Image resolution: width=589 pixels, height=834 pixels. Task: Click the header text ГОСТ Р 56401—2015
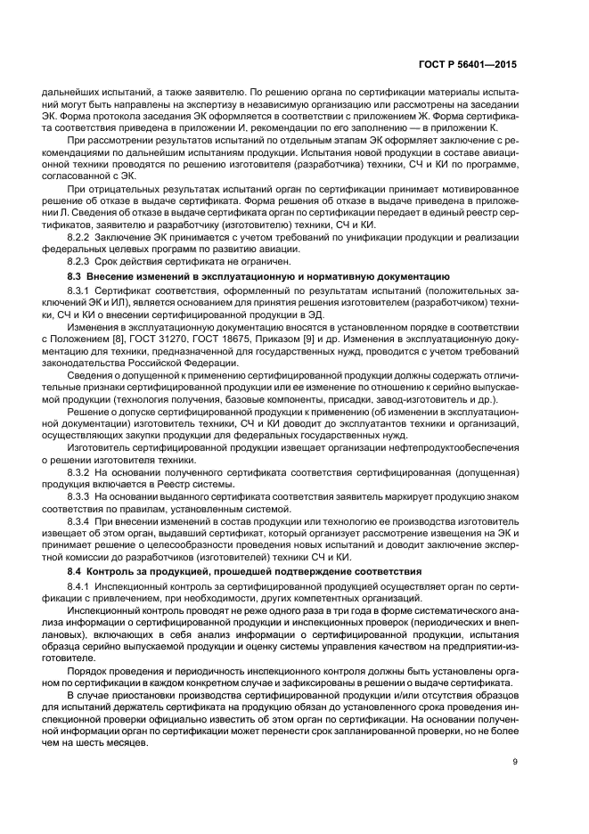click(472, 65)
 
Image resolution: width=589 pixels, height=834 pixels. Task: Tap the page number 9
click(515, 760)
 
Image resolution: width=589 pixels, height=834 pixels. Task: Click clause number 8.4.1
click(83, 585)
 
